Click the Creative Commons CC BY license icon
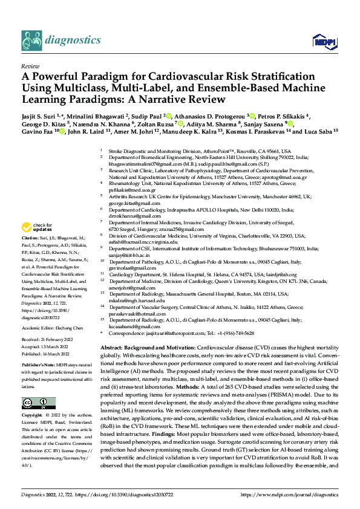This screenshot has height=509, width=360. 36,403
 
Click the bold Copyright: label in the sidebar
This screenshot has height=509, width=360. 32,415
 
